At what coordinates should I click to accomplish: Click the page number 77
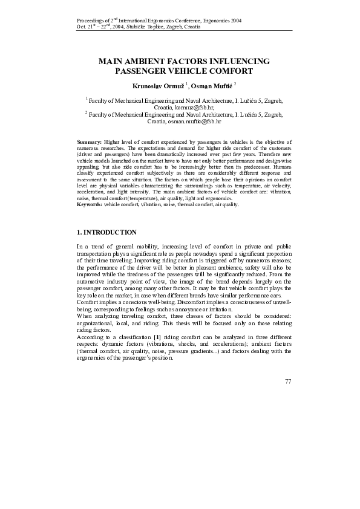click(x=287, y=381)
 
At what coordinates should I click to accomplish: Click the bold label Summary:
click(x=90, y=140)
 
